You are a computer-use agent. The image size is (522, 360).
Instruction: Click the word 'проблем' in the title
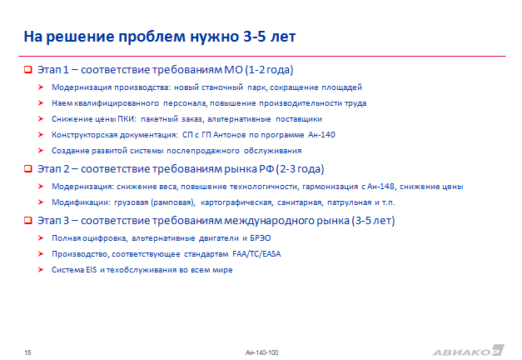152,37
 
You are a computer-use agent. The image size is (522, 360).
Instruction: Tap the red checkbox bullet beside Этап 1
28,70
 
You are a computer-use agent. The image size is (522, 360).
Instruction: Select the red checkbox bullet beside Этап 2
28,168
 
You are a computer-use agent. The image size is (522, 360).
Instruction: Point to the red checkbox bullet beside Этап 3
28,220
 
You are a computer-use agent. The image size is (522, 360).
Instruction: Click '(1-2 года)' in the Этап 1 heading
269,70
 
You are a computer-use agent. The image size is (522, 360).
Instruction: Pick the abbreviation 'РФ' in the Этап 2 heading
266,169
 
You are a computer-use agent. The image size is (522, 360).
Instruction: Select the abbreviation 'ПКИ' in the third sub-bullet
127,119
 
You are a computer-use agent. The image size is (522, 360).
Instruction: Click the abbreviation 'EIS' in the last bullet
92,270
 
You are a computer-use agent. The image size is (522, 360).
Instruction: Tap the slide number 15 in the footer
27,352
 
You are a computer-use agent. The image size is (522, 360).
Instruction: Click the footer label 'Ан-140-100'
261,352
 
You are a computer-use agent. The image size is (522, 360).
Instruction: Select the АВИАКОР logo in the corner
469,351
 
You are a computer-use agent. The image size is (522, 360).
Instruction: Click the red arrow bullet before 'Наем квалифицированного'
41,103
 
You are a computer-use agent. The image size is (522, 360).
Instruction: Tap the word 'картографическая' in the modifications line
236,202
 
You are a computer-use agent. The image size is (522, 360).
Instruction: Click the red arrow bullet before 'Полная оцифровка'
41,238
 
